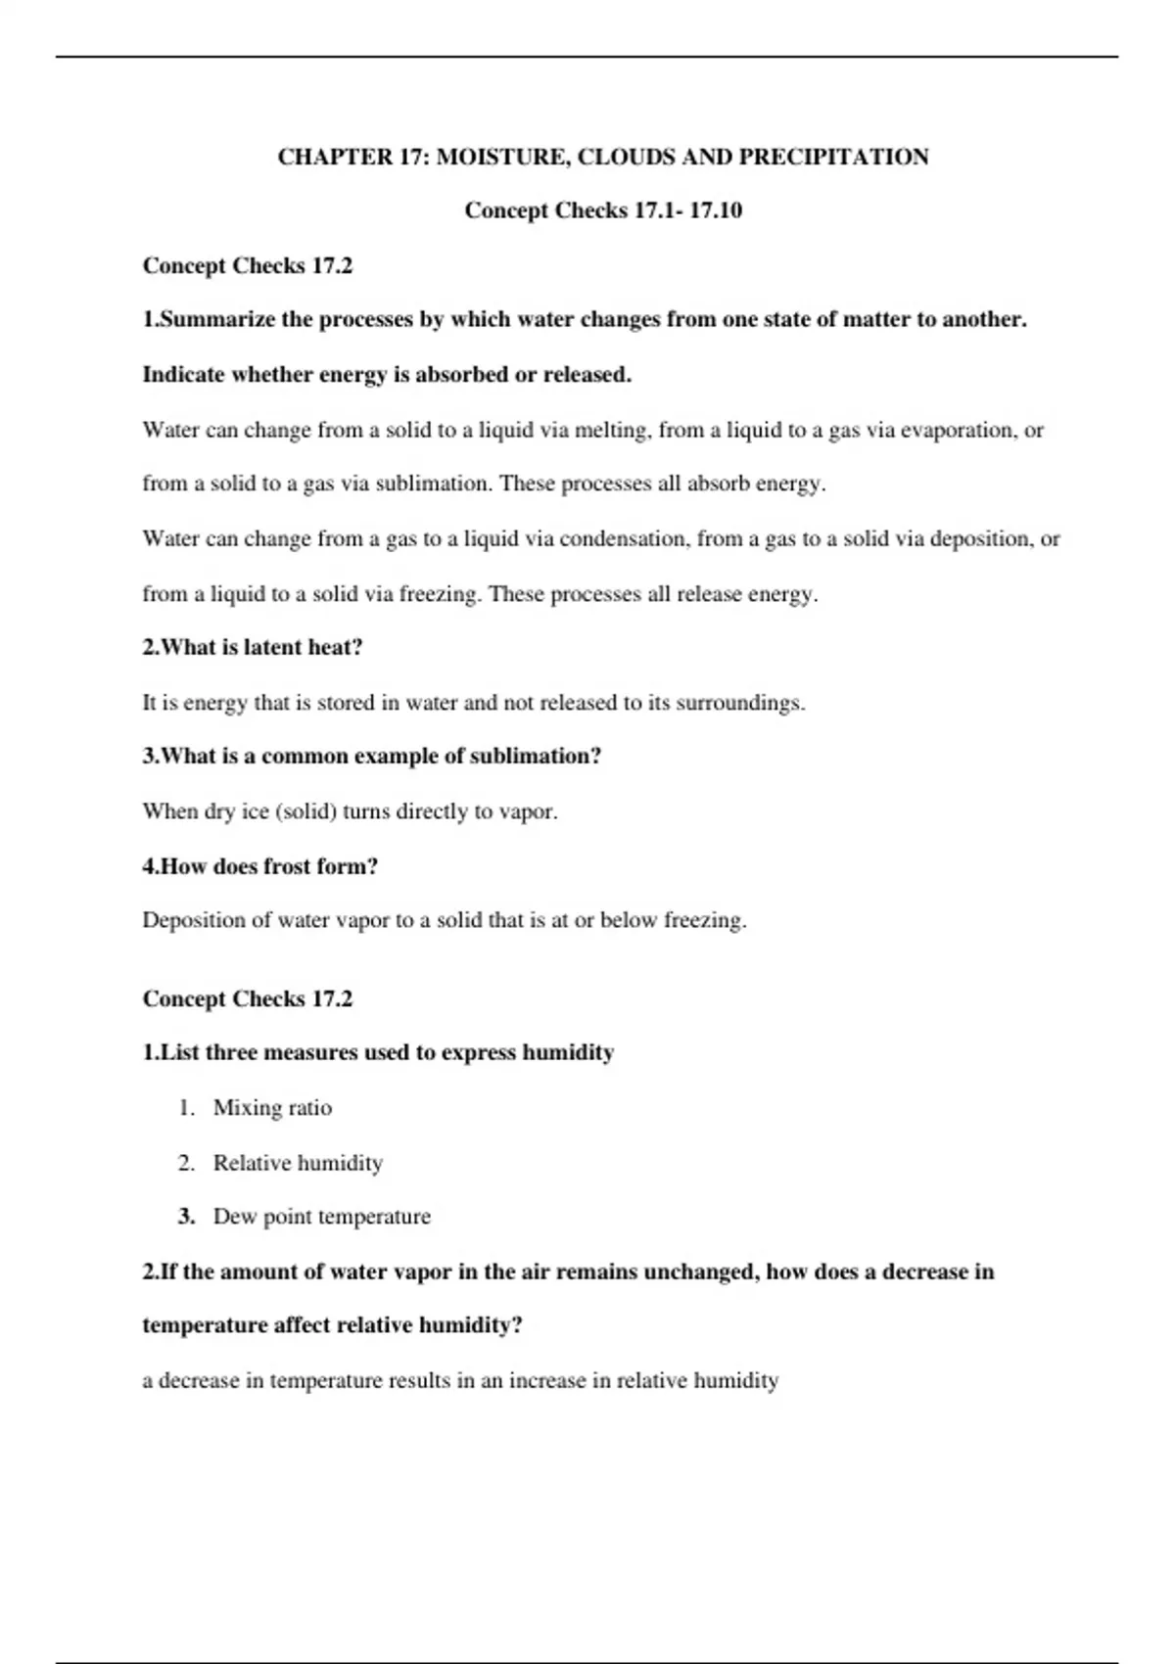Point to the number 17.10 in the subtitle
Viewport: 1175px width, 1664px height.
click(x=716, y=210)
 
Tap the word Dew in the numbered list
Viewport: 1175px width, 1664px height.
click(x=235, y=1217)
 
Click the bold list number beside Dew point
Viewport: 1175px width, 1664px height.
click(x=186, y=1217)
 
